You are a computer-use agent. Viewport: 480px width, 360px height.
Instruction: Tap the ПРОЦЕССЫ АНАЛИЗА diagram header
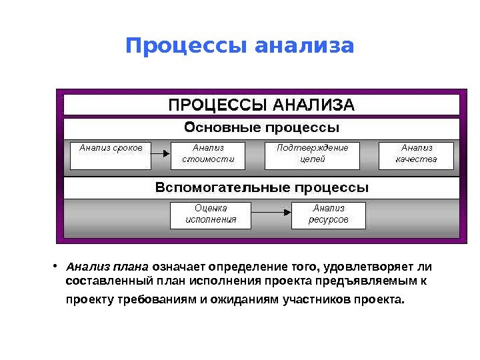pos(261,105)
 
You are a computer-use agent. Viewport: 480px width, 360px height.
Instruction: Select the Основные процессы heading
pos(261,127)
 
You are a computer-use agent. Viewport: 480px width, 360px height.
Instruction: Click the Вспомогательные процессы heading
pos(261,187)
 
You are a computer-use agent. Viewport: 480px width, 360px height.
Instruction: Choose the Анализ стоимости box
pos(208,155)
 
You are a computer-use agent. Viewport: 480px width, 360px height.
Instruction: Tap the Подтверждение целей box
pos(312,155)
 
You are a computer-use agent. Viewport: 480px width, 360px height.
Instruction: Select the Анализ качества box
pos(416,155)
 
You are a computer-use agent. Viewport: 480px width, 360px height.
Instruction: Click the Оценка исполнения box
pos(211,214)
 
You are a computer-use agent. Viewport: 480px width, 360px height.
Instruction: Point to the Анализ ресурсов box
pos(328,214)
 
